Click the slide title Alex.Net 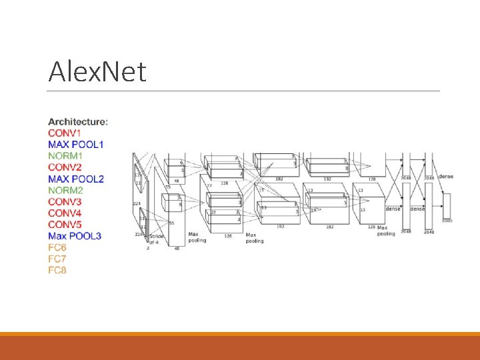coord(97,71)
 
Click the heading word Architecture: coord(78,122)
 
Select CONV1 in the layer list coord(65,133)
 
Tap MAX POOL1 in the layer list coord(76,145)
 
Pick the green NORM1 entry coord(66,156)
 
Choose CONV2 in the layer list coord(65,167)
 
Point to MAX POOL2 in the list coord(76,179)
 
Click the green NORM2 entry coord(66,190)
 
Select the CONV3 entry coord(65,201)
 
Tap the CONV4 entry coord(65,213)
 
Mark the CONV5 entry coord(65,224)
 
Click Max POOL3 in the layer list coord(75,236)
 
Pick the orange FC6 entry coord(57,247)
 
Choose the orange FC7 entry coord(57,259)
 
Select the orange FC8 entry coord(57,270)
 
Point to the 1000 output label coord(446,219)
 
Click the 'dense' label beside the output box coord(445,177)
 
